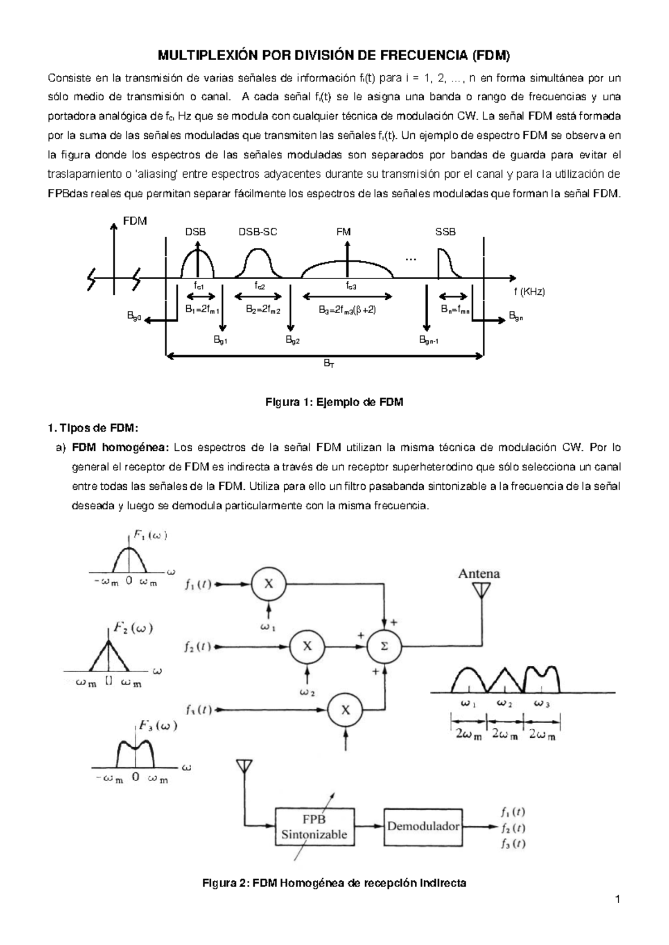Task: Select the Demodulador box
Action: pyautogui.click(x=423, y=826)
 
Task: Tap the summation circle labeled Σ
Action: pyautogui.click(x=384, y=646)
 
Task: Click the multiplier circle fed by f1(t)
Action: pyautogui.click(x=269, y=584)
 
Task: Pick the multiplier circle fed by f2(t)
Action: pyautogui.click(x=307, y=646)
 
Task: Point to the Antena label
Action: pyautogui.click(x=479, y=573)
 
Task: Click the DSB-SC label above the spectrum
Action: pyautogui.click(x=258, y=232)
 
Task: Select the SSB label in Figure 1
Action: pyautogui.click(x=445, y=232)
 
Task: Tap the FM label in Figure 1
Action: pyautogui.click(x=343, y=232)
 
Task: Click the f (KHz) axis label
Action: pyautogui.click(x=529, y=292)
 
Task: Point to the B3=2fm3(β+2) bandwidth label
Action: pyautogui.click(x=347, y=310)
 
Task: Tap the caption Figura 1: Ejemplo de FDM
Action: pyautogui.click(x=334, y=402)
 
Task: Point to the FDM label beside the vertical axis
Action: pyautogui.click(x=135, y=221)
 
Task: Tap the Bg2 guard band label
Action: pyautogui.click(x=293, y=339)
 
